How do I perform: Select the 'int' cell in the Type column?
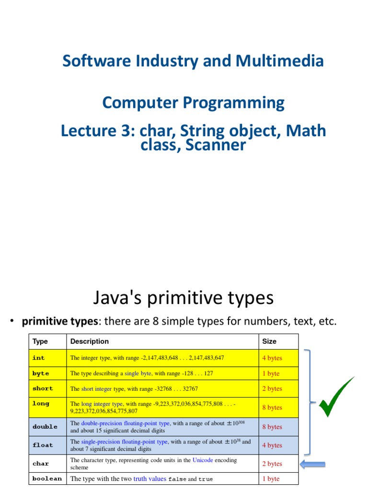[x=38, y=358]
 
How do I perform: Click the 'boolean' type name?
[x=47, y=479]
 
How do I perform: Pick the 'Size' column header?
[x=269, y=341]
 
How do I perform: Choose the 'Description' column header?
[x=90, y=341]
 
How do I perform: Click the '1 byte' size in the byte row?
[x=271, y=374]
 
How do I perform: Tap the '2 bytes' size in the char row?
[x=272, y=464]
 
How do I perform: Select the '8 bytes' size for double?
[x=272, y=427]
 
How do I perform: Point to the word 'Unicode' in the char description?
[x=203, y=460]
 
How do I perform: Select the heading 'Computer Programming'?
[x=193, y=103]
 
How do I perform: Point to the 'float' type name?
[x=43, y=445]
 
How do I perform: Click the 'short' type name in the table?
[x=43, y=388]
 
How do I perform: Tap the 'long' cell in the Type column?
[x=41, y=404]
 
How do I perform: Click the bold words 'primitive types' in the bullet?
[x=59, y=322]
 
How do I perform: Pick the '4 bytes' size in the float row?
[x=272, y=445]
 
